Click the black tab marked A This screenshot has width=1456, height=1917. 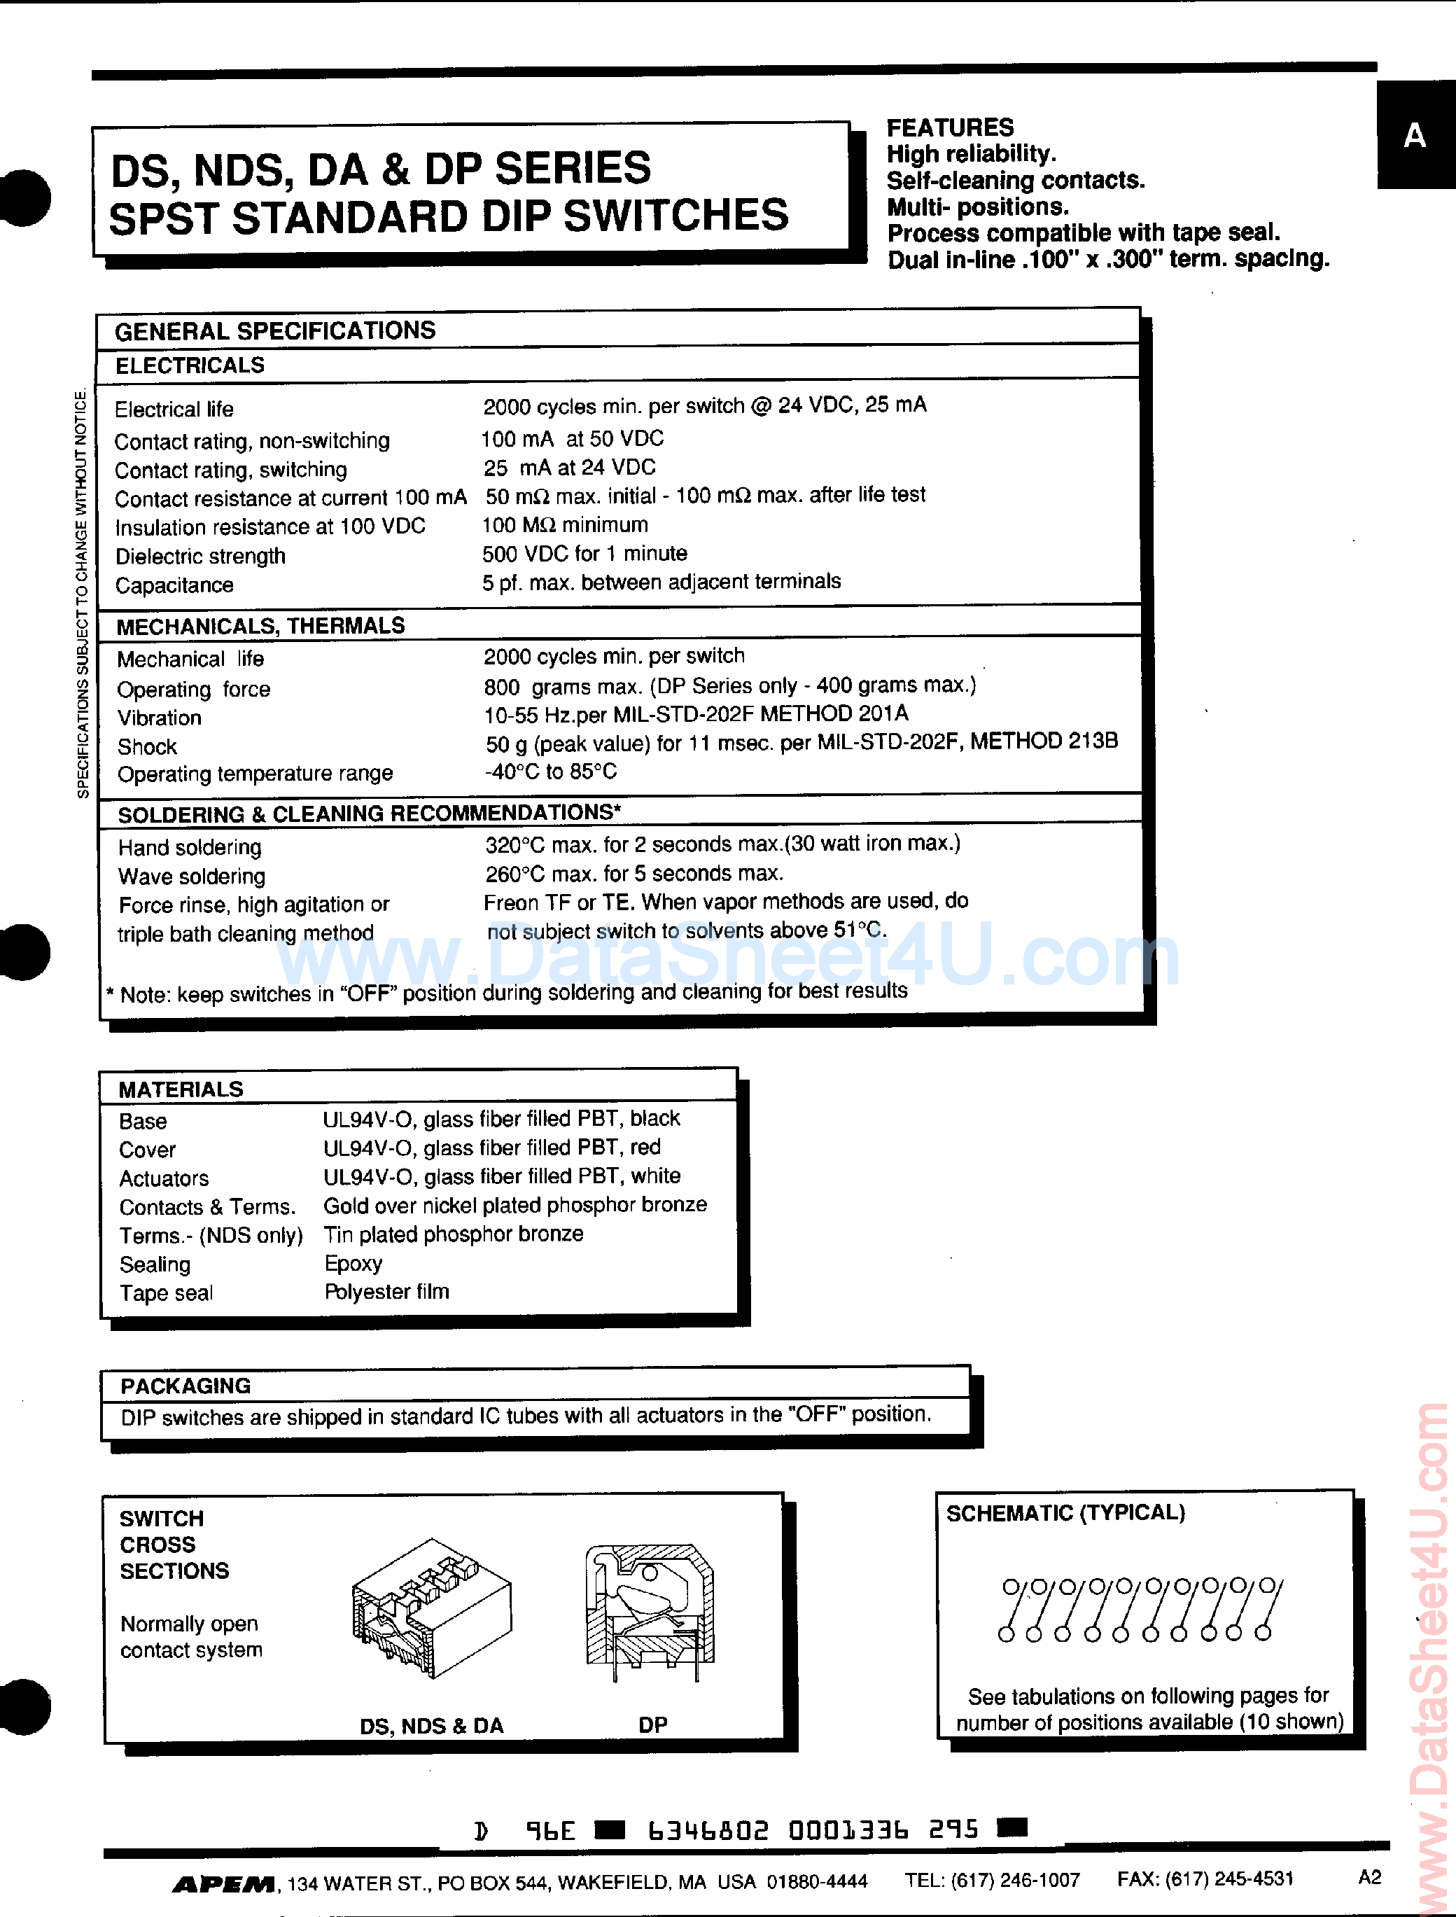pos(1415,136)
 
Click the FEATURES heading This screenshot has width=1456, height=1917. pos(950,127)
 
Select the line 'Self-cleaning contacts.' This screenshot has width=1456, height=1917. pos(1016,180)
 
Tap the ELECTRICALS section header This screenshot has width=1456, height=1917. pos(190,365)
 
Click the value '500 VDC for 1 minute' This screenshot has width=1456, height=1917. pos(584,554)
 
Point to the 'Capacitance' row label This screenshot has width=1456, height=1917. pos(174,586)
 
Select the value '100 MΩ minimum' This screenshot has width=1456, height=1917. pos(564,525)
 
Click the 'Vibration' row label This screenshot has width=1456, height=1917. pos(160,718)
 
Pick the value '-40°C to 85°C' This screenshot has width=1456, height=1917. pos(551,772)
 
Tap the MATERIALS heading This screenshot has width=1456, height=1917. pos(181,1089)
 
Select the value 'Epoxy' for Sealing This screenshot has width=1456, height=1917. pos(353,1264)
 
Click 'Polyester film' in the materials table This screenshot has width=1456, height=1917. pos(386,1292)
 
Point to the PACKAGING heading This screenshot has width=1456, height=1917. pos(185,1386)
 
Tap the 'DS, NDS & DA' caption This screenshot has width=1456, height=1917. pos(432,1725)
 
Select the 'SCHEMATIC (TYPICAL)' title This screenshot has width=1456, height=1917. pos(1065,1513)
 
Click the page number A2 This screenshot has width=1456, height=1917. pos(1369,1877)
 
